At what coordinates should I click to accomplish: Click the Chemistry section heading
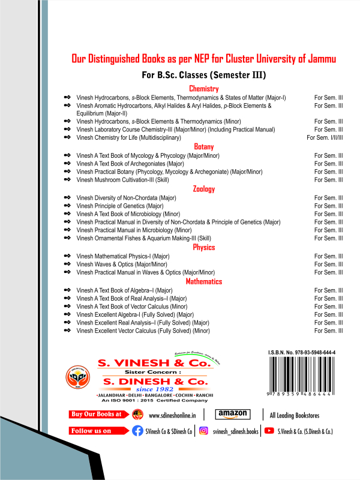coord(203,89)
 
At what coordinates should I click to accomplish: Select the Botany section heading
coord(203,146)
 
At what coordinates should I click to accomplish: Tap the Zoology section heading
coord(203,189)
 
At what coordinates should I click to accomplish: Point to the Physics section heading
coord(203,247)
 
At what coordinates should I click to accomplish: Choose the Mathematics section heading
coord(203,281)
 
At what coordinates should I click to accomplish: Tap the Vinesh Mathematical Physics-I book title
coord(124,256)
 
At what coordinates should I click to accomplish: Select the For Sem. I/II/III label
coord(325,138)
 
